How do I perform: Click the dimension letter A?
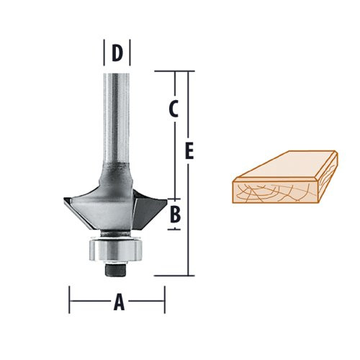tap(119, 303)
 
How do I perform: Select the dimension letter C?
tap(174, 109)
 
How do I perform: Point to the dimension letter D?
tap(117, 53)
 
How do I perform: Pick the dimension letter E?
tap(189, 151)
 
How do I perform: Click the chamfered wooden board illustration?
tap(284, 180)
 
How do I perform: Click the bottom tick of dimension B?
tap(174, 229)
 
